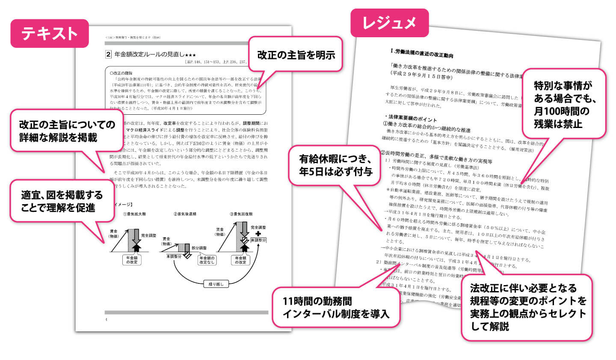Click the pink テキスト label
pos(50,33)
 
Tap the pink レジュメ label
pos(389,23)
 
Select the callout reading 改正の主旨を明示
pos(296,54)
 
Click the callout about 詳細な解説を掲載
pos(63,131)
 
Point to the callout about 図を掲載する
pos(62,201)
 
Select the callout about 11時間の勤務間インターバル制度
pos(336,307)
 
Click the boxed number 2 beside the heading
pos(108,54)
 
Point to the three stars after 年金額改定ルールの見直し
pos(190,55)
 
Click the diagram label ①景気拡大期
pos(134,214)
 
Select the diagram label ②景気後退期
pos(185,214)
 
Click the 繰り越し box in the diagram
pos(216,284)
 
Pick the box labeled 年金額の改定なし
pos(207,260)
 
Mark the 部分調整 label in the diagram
pos(199,248)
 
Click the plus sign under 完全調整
pos(258,234)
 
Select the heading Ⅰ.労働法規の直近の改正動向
pos(422,54)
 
